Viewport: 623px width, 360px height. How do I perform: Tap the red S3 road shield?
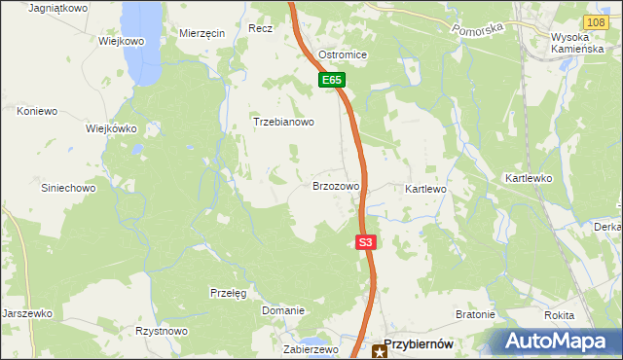point(365,242)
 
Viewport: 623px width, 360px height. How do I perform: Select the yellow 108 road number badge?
point(598,20)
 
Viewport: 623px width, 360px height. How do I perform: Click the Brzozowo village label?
point(336,185)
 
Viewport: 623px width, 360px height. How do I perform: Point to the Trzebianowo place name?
point(283,123)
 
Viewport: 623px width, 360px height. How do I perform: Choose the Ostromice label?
point(343,54)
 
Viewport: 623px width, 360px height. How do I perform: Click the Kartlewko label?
point(529,179)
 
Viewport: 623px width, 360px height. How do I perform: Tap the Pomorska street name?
point(478,29)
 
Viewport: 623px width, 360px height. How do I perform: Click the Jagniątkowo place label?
point(58,8)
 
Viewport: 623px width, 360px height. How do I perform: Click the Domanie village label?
point(283,310)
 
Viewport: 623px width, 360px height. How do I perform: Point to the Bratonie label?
point(476,315)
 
